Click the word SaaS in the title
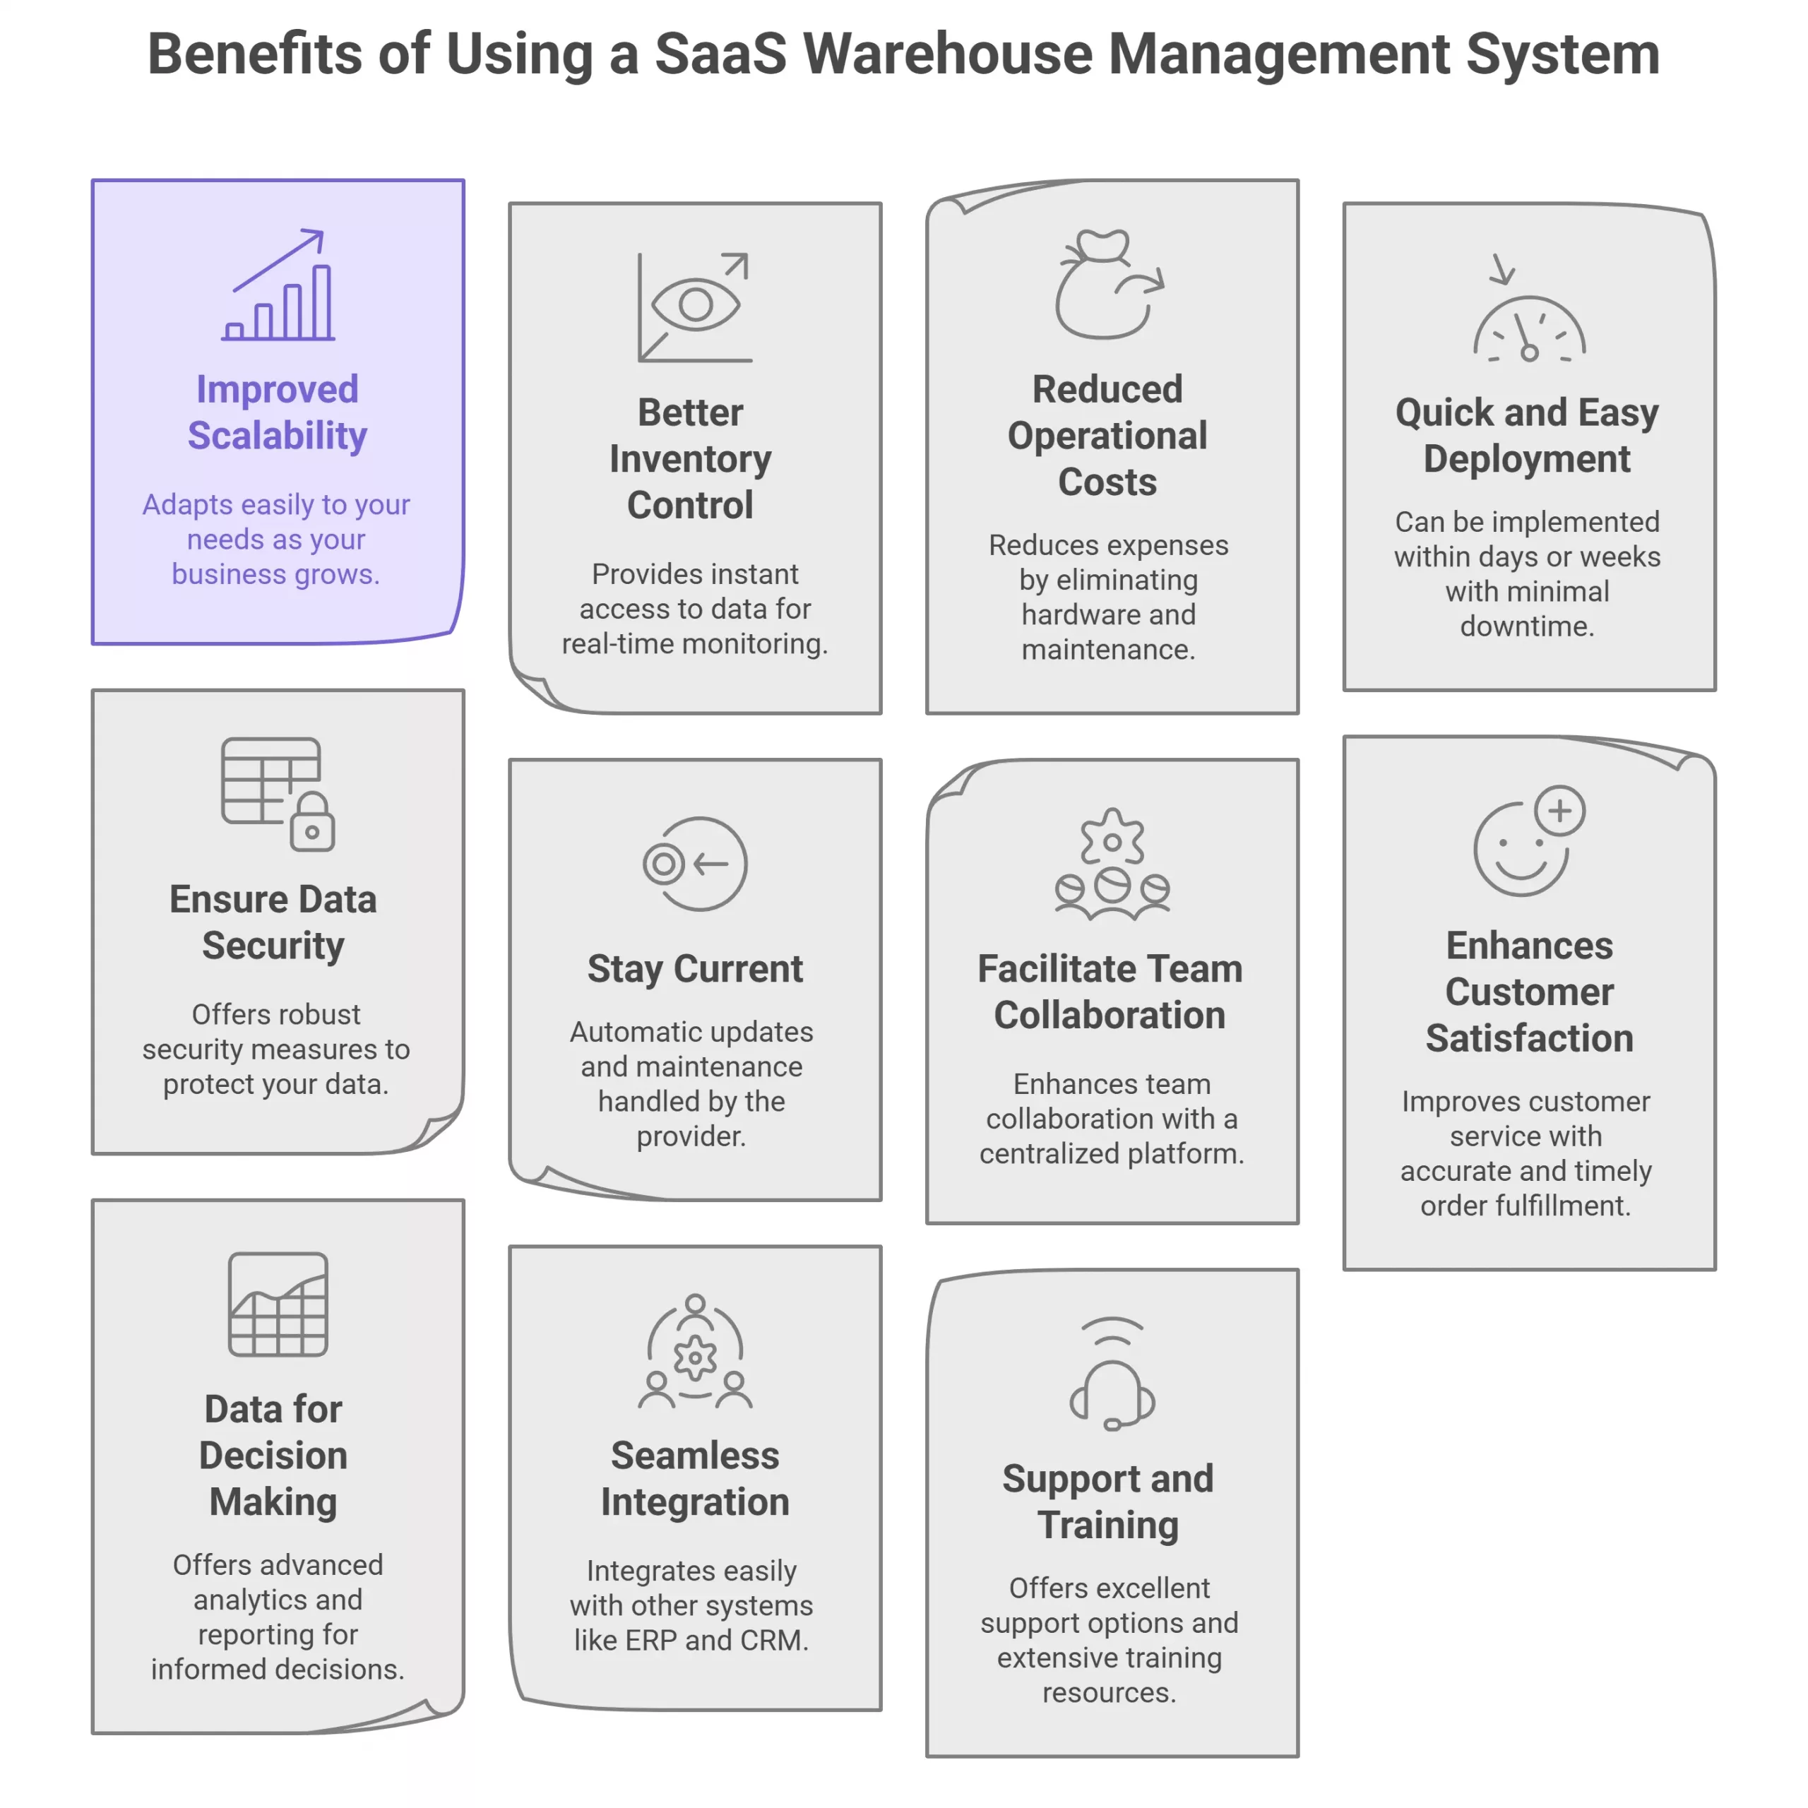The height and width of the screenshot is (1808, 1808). point(720,54)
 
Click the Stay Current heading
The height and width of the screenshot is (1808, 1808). point(694,968)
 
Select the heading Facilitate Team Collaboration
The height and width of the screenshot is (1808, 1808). point(1110,992)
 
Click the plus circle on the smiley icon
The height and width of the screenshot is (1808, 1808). point(1559,810)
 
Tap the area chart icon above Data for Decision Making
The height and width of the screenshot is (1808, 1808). point(278,1304)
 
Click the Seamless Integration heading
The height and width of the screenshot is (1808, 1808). point(694,1479)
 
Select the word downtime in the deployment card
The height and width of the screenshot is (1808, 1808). point(1527,626)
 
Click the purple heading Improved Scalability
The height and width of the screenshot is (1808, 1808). point(277,412)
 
